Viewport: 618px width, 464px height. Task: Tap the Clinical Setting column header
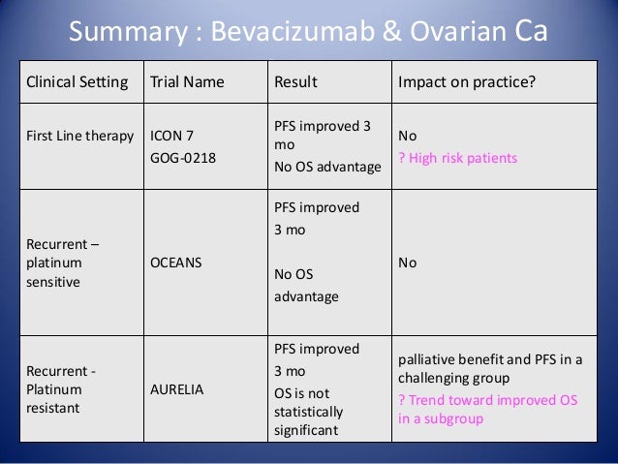[x=76, y=81]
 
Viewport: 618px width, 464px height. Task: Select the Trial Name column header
[x=187, y=81]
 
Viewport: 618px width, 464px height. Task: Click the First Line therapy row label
[x=79, y=135]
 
